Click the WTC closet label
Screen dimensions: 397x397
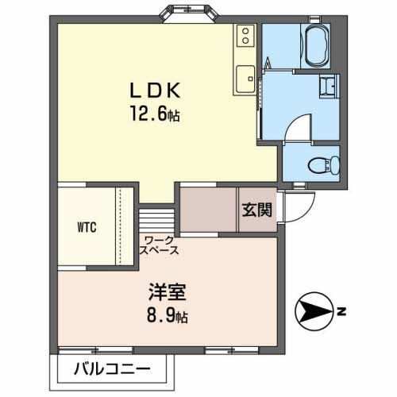[x=87, y=226]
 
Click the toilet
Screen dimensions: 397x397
[x=326, y=165]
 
